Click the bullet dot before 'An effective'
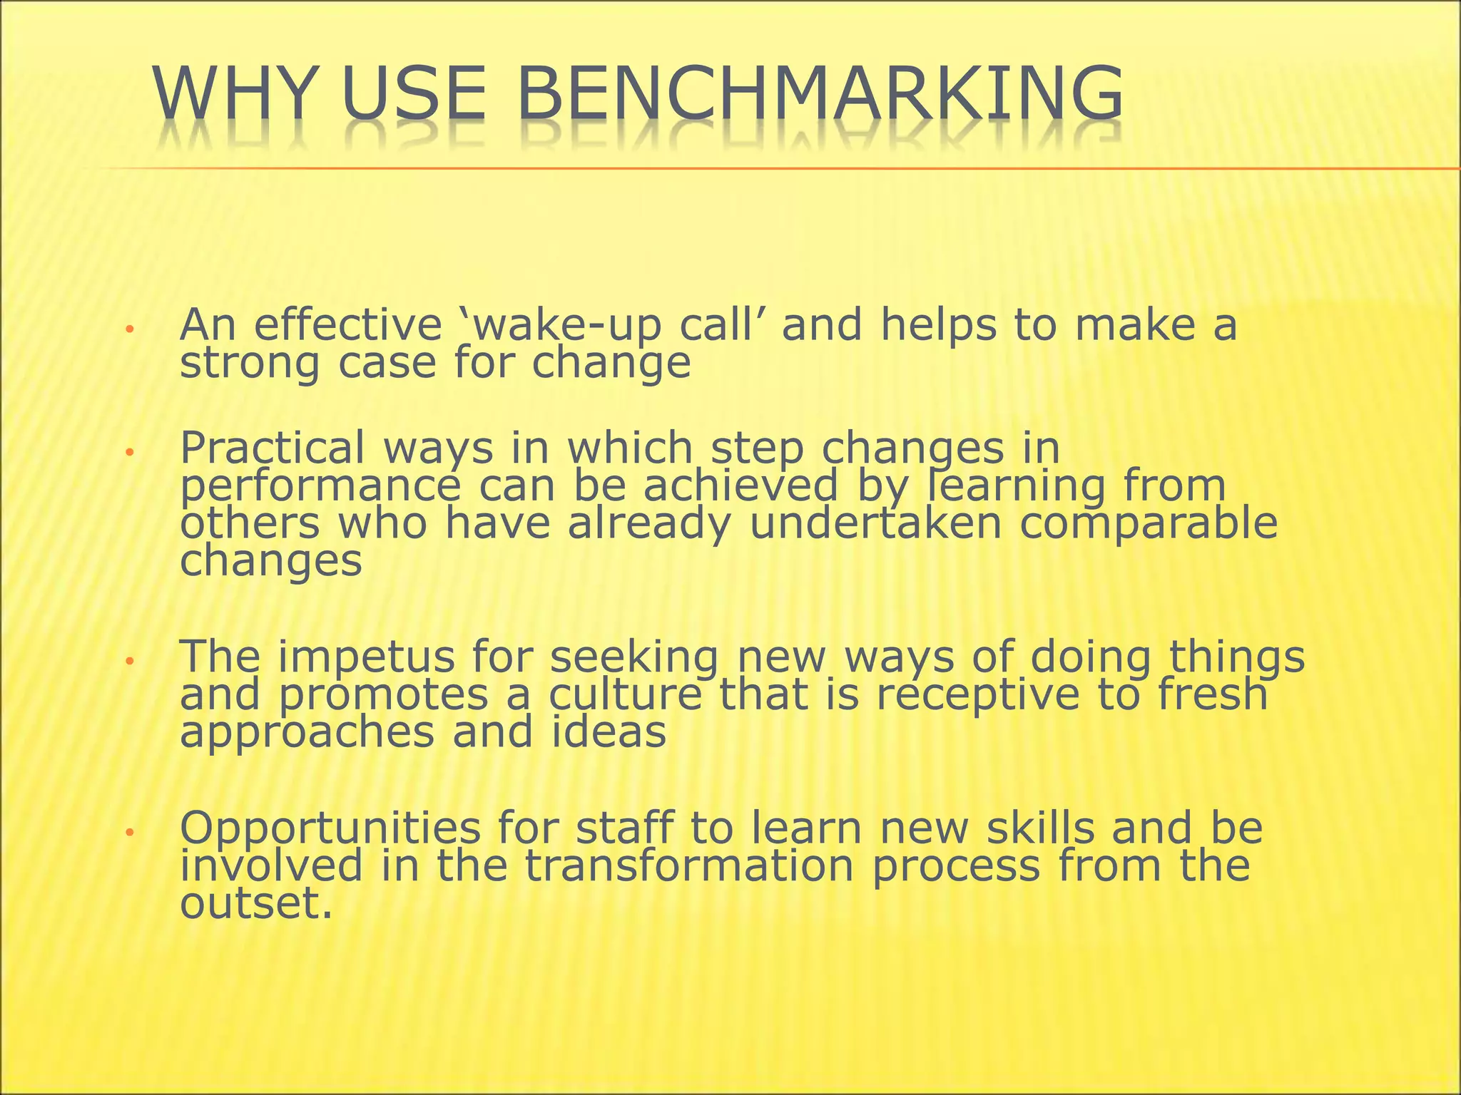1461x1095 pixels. tap(129, 329)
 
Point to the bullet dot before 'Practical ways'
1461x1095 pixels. tap(129, 452)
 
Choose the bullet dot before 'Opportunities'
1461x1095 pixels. tap(129, 832)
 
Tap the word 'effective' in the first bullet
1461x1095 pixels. tap(348, 325)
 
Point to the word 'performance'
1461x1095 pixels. tap(320, 486)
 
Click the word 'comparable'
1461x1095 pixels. tap(1149, 524)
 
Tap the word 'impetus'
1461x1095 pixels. tap(366, 657)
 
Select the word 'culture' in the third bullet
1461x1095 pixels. tap(626, 695)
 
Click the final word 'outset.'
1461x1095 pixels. tap(256, 904)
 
